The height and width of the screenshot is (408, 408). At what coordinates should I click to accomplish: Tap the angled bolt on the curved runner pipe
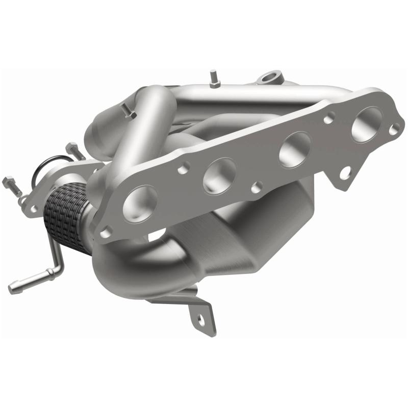127,111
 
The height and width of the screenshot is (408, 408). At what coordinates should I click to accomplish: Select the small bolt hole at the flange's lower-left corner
106,233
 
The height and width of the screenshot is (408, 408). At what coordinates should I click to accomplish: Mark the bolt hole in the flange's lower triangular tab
345,174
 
